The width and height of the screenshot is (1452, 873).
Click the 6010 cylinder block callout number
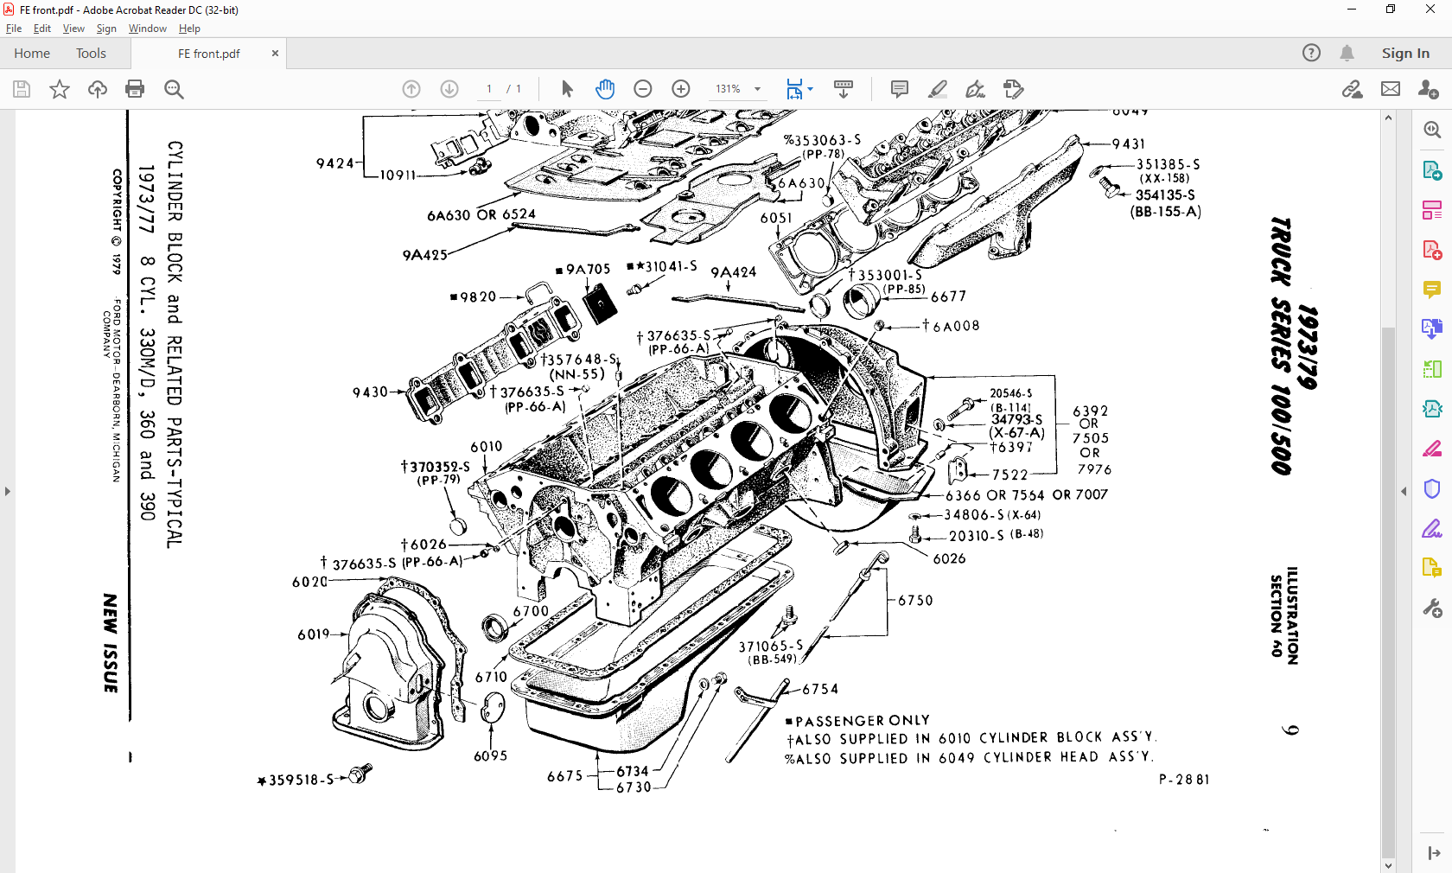tap(486, 447)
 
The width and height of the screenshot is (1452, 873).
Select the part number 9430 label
tap(370, 392)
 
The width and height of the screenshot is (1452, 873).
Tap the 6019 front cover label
tap(314, 634)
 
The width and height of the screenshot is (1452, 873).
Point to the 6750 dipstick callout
tap(915, 601)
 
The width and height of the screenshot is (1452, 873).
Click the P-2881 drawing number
tap(1183, 780)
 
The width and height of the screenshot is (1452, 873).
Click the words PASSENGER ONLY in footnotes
tap(862, 721)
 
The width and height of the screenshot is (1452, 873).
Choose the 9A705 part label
tap(588, 270)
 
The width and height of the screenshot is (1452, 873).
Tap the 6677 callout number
tap(948, 296)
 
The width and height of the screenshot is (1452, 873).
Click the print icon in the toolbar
tap(135, 89)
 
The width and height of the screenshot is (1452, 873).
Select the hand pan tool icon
tap(605, 89)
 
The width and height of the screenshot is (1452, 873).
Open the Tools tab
tap(91, 54)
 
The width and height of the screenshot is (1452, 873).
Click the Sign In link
tap(1404, 54)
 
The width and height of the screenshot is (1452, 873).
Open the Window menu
tap(147, 29)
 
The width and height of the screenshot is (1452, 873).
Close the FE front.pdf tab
tap(275, 54)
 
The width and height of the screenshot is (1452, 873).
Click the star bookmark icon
tap(60, 89)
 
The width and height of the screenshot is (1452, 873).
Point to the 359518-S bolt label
tap(300, 781)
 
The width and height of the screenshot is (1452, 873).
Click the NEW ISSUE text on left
tap(111, 643)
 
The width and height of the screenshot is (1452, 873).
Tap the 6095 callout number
tap(490, 756)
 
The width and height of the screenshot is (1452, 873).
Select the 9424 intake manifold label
tap(334, 164)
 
